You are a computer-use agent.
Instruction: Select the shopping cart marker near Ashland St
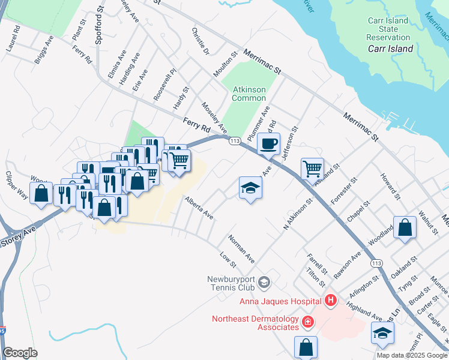click(312, 169)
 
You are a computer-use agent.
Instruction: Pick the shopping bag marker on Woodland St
click(405, 228)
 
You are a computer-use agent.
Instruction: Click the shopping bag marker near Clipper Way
click(41, 194)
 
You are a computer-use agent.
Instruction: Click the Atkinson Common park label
click(249, 94)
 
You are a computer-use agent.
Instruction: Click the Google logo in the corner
click(20, 353)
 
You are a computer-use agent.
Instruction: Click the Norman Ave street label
click(241, 248)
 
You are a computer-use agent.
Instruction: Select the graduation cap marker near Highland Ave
click(382, 332)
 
